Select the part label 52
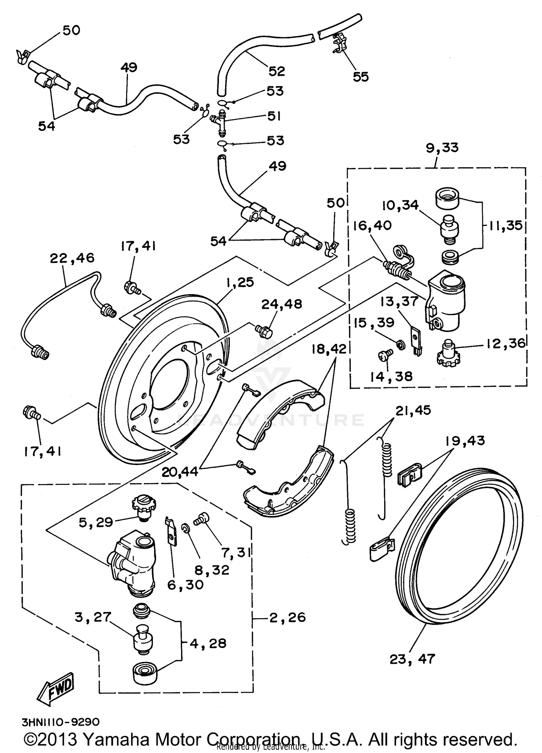click(x=276, y=71)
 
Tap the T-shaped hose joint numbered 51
click(x=220, y=123)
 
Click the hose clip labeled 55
click(x=339, y=44)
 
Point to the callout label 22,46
click(x=72, y=258)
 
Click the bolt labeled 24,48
click(x=263, y=330)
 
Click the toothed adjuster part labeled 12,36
click(x=447, y=352)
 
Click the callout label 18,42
click(x=329, y=349)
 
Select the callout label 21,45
click(x=413, y=410)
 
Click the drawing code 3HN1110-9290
click(x=60, y=722)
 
